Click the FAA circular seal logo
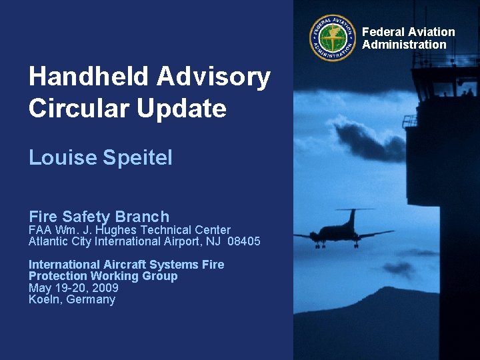pos(333,38)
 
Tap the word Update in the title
pos(182,108)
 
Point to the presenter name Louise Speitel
pos(100,157)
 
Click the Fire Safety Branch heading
pos(99,217)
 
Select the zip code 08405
pos(243,241)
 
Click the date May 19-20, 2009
pos(73,288)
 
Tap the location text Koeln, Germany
pos(71,300)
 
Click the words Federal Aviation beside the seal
pos(408,32)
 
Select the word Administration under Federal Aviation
pos(404,45)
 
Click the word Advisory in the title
pos(213,77)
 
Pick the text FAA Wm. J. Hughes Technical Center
pos(129,230)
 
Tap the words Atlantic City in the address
pos(60,241)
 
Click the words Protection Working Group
pos(103,276)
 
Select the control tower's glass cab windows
pos(443,83)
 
